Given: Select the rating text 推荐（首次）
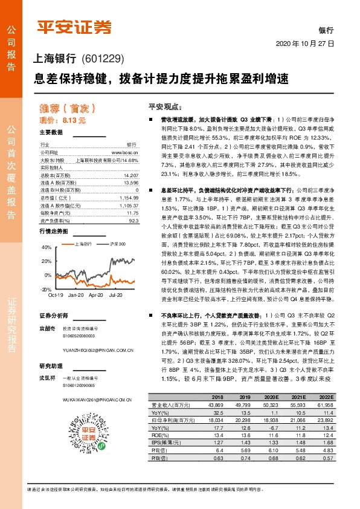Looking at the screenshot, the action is point(59,109).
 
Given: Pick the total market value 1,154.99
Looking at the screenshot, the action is point(129,197).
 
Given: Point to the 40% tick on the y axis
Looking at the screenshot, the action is point(47,248).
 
